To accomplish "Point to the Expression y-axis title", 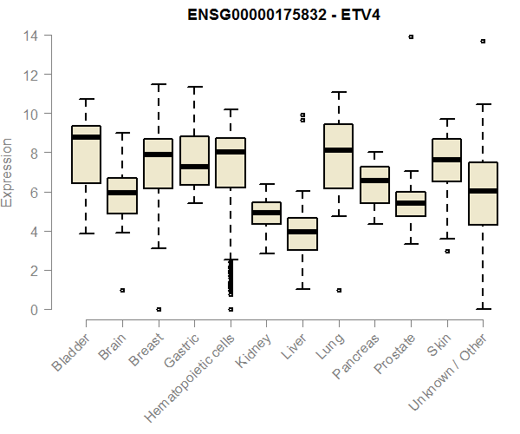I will pos(8,172).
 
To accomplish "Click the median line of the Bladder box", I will pos(86,137).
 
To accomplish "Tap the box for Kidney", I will pos(266,213).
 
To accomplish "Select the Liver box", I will pos(302,234).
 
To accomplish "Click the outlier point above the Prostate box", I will pos(411,37).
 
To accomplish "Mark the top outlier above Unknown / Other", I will pos(483,41).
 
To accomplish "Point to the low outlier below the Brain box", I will pos(122,290).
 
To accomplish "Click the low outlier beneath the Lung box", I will pos(338,290).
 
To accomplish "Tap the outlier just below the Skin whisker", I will pos(447,251).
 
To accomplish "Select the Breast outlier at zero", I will pos(158,309).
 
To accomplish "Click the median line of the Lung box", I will pos(338,150).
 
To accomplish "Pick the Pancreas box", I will pos(374,184).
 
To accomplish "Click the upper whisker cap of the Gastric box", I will pos(194,87).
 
